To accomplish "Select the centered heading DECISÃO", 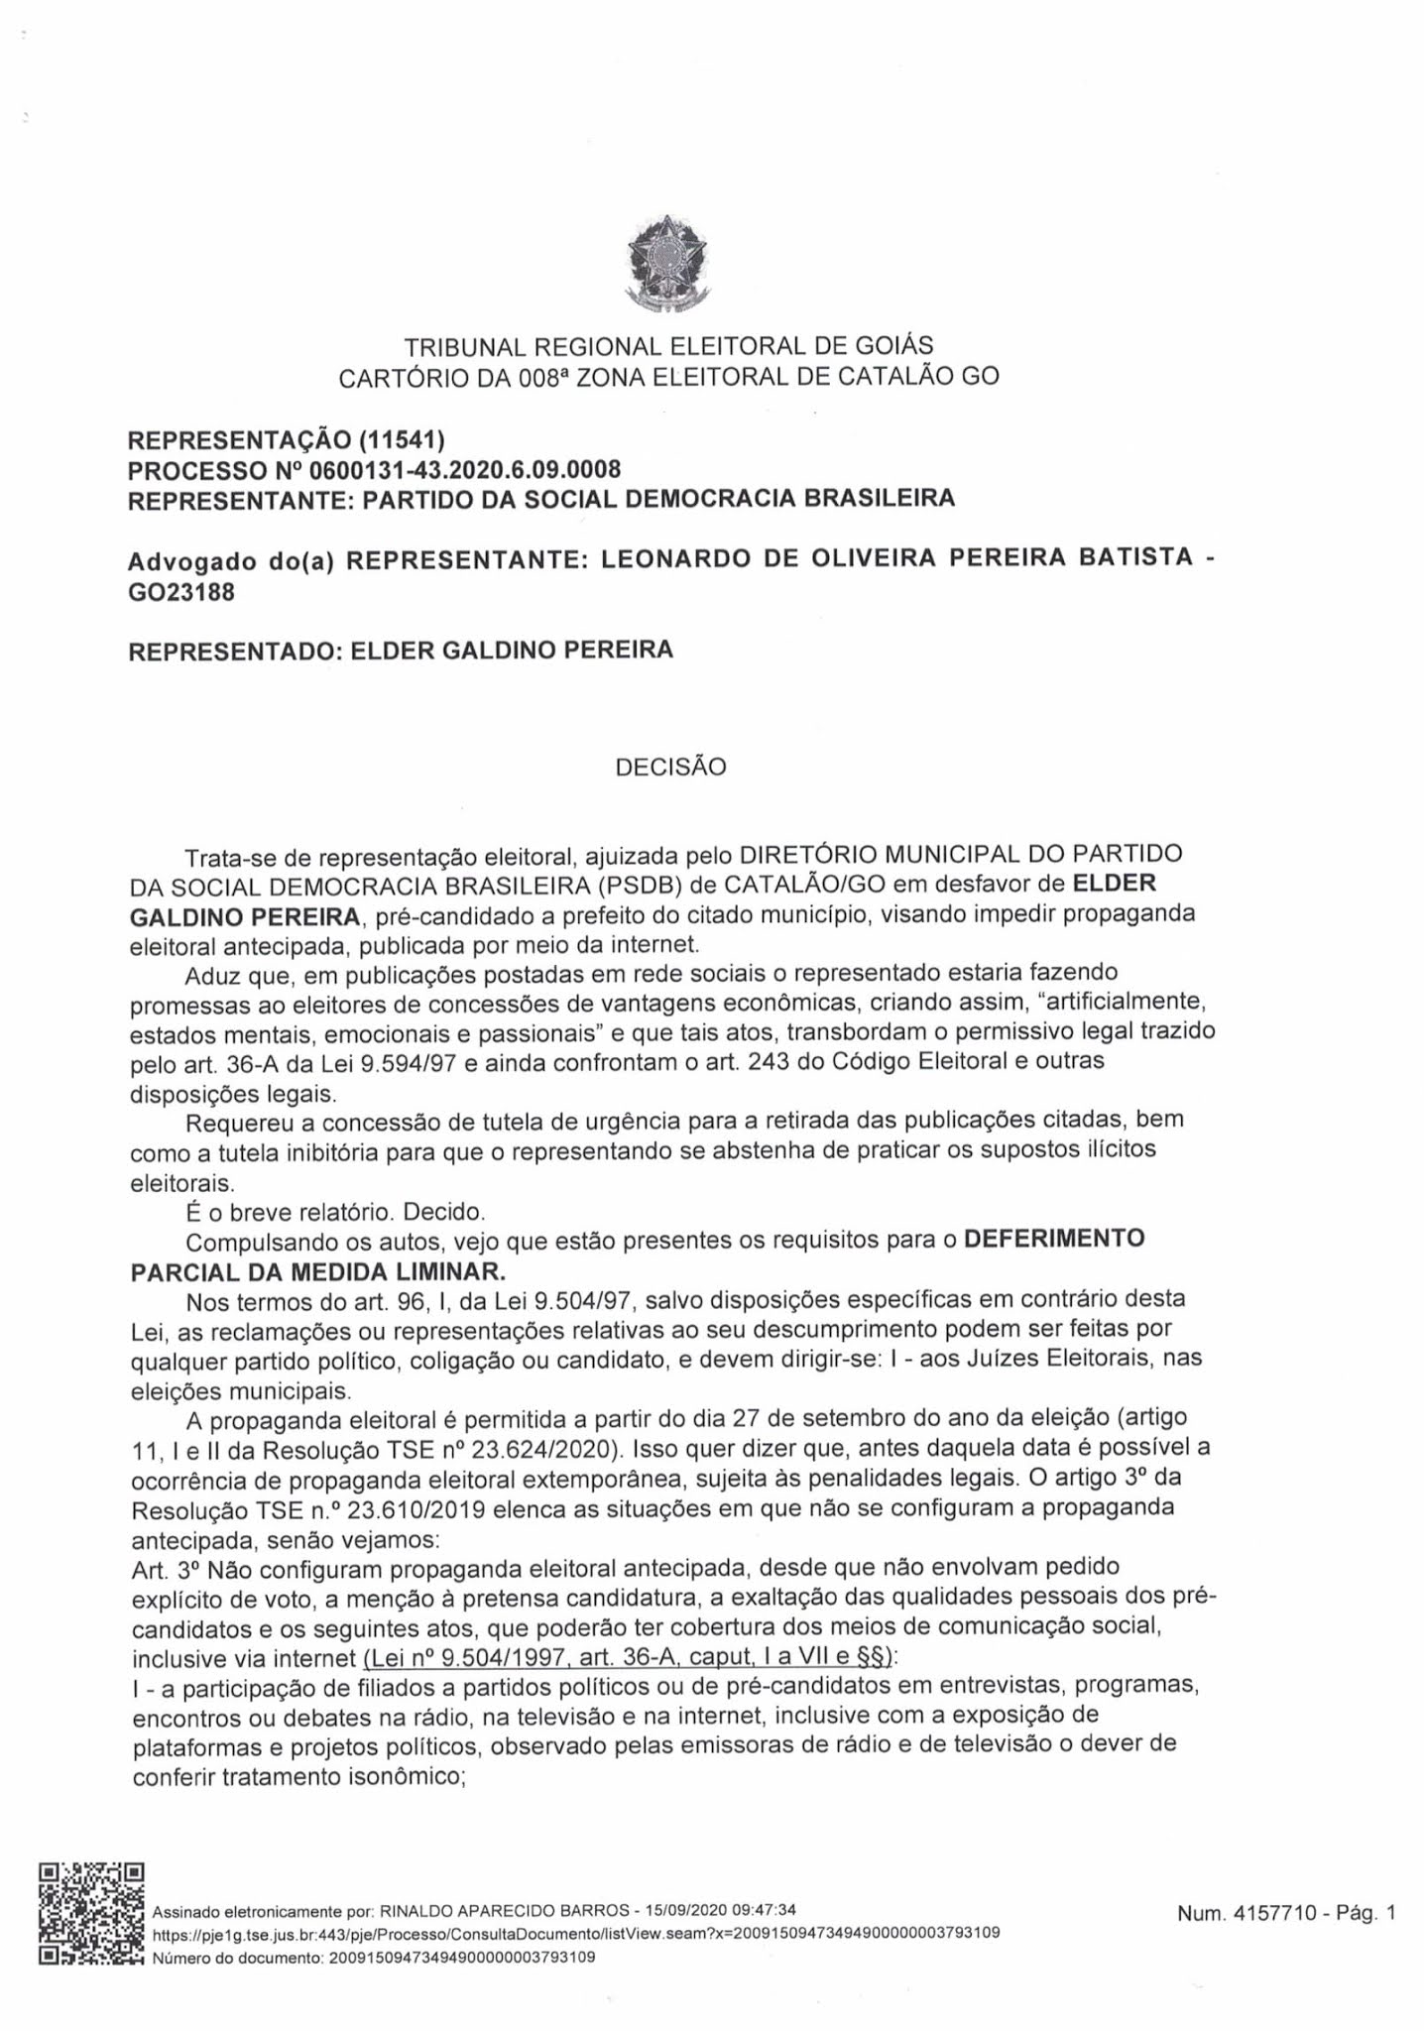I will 670,767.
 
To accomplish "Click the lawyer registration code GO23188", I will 181,593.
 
